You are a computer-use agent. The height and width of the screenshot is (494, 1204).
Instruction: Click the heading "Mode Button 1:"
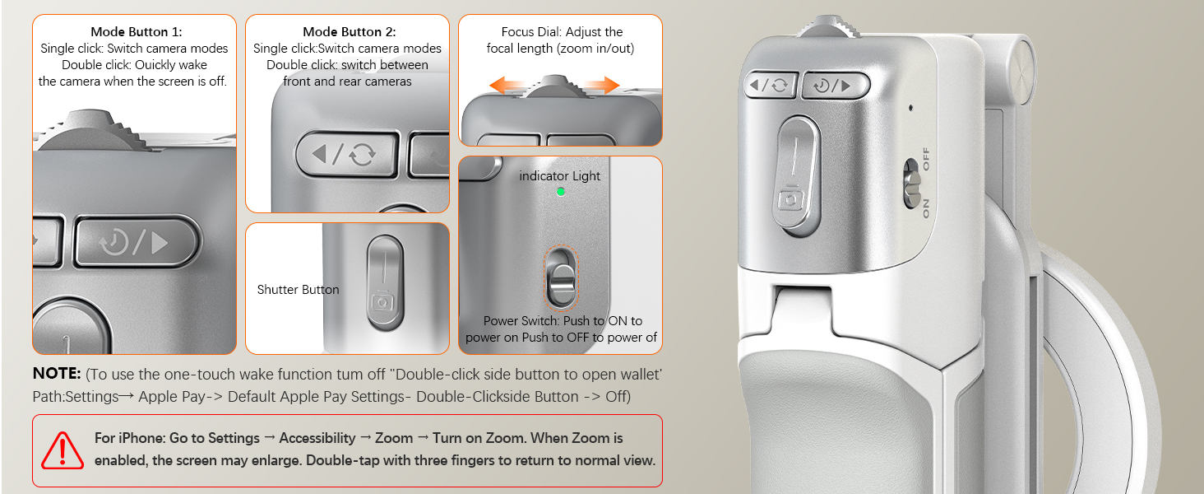136,32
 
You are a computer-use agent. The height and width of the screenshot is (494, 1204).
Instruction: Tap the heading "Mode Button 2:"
349,32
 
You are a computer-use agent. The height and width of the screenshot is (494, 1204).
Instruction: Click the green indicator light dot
561,192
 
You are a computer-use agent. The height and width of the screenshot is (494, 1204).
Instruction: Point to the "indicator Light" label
559,176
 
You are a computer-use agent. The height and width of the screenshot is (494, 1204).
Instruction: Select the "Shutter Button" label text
298,290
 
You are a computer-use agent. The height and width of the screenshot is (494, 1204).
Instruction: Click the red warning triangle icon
63,450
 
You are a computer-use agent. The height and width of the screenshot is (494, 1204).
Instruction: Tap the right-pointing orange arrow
601,85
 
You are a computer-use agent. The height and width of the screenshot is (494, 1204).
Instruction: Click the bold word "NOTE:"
57,374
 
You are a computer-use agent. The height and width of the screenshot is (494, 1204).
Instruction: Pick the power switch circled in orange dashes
561,279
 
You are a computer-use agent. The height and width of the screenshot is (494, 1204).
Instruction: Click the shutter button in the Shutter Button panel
385,282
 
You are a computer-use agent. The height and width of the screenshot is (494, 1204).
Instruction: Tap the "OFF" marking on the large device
925,159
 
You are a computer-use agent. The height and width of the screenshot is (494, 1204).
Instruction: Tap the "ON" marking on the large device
925,209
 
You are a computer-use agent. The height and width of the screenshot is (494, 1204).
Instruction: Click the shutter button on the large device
798,176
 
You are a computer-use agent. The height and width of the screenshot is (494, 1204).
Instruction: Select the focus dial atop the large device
827,26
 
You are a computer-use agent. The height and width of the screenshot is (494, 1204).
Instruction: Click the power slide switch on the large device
911,184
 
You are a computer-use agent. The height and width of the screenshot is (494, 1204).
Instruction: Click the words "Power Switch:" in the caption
521,321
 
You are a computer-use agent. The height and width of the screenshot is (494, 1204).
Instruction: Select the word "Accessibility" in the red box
317,438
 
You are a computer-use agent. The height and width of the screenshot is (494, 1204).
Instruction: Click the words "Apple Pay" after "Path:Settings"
172,397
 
